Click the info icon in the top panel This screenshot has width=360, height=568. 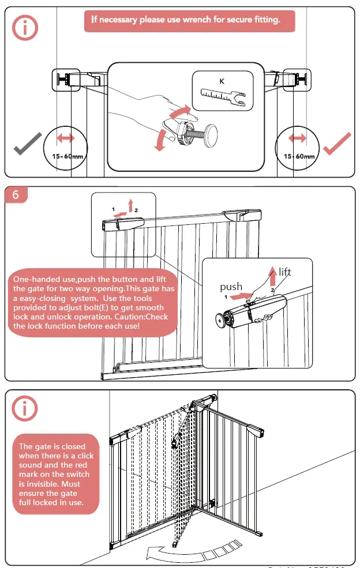[x=25, y=28]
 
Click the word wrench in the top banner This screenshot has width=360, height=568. [x=215, y=20]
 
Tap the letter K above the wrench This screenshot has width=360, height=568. [x=222, y=81]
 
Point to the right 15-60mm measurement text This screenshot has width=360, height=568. [x=299, y=156]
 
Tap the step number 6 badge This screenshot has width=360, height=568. [x=16, y=195]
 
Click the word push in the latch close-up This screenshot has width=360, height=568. [x=231, y=287]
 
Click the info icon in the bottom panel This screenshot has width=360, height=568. [x=25, y=408]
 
